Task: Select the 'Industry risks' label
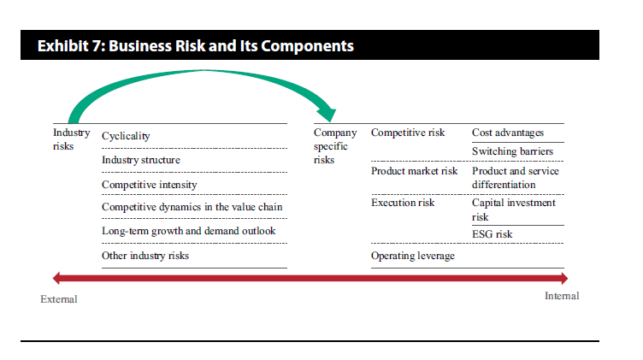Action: pyautogui.click(x=71, y=139)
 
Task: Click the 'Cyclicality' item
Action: pyautogui.click(x=126, y=136)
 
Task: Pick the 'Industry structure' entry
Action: pyautogui.click(x=141, y=160)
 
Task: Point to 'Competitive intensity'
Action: pyautogui.click(x=150, y=185)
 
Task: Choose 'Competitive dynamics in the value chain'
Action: pyautogui.click(x=192, y=207)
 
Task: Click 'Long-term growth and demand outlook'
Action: pyautogui.click(x=189, y=231)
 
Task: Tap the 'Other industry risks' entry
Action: pyautogui.click(x=145, y=256)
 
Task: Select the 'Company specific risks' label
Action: pyautogui.click(x=335, y=146)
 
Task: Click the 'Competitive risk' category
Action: pyautogui.click(x=408, y=133)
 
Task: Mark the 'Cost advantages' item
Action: pyautogui.click(x=508, y=133)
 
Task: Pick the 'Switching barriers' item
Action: pyautogui.click(x=512, y=151)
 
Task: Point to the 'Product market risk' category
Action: pyautogui.click(x=414, y=171)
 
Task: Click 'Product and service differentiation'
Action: pyautogui.click(x=516, y=178)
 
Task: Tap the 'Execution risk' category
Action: pyautogui.click(x=403, y=203)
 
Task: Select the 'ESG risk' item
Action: pyautogui.click(x=493, y=234)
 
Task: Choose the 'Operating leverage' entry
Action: pyautogui.click(x=413, y=256)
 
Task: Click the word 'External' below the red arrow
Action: pyautogui.click(x=59, y=299)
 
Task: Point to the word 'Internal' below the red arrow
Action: pyautogui.click(x=562, y=296)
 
